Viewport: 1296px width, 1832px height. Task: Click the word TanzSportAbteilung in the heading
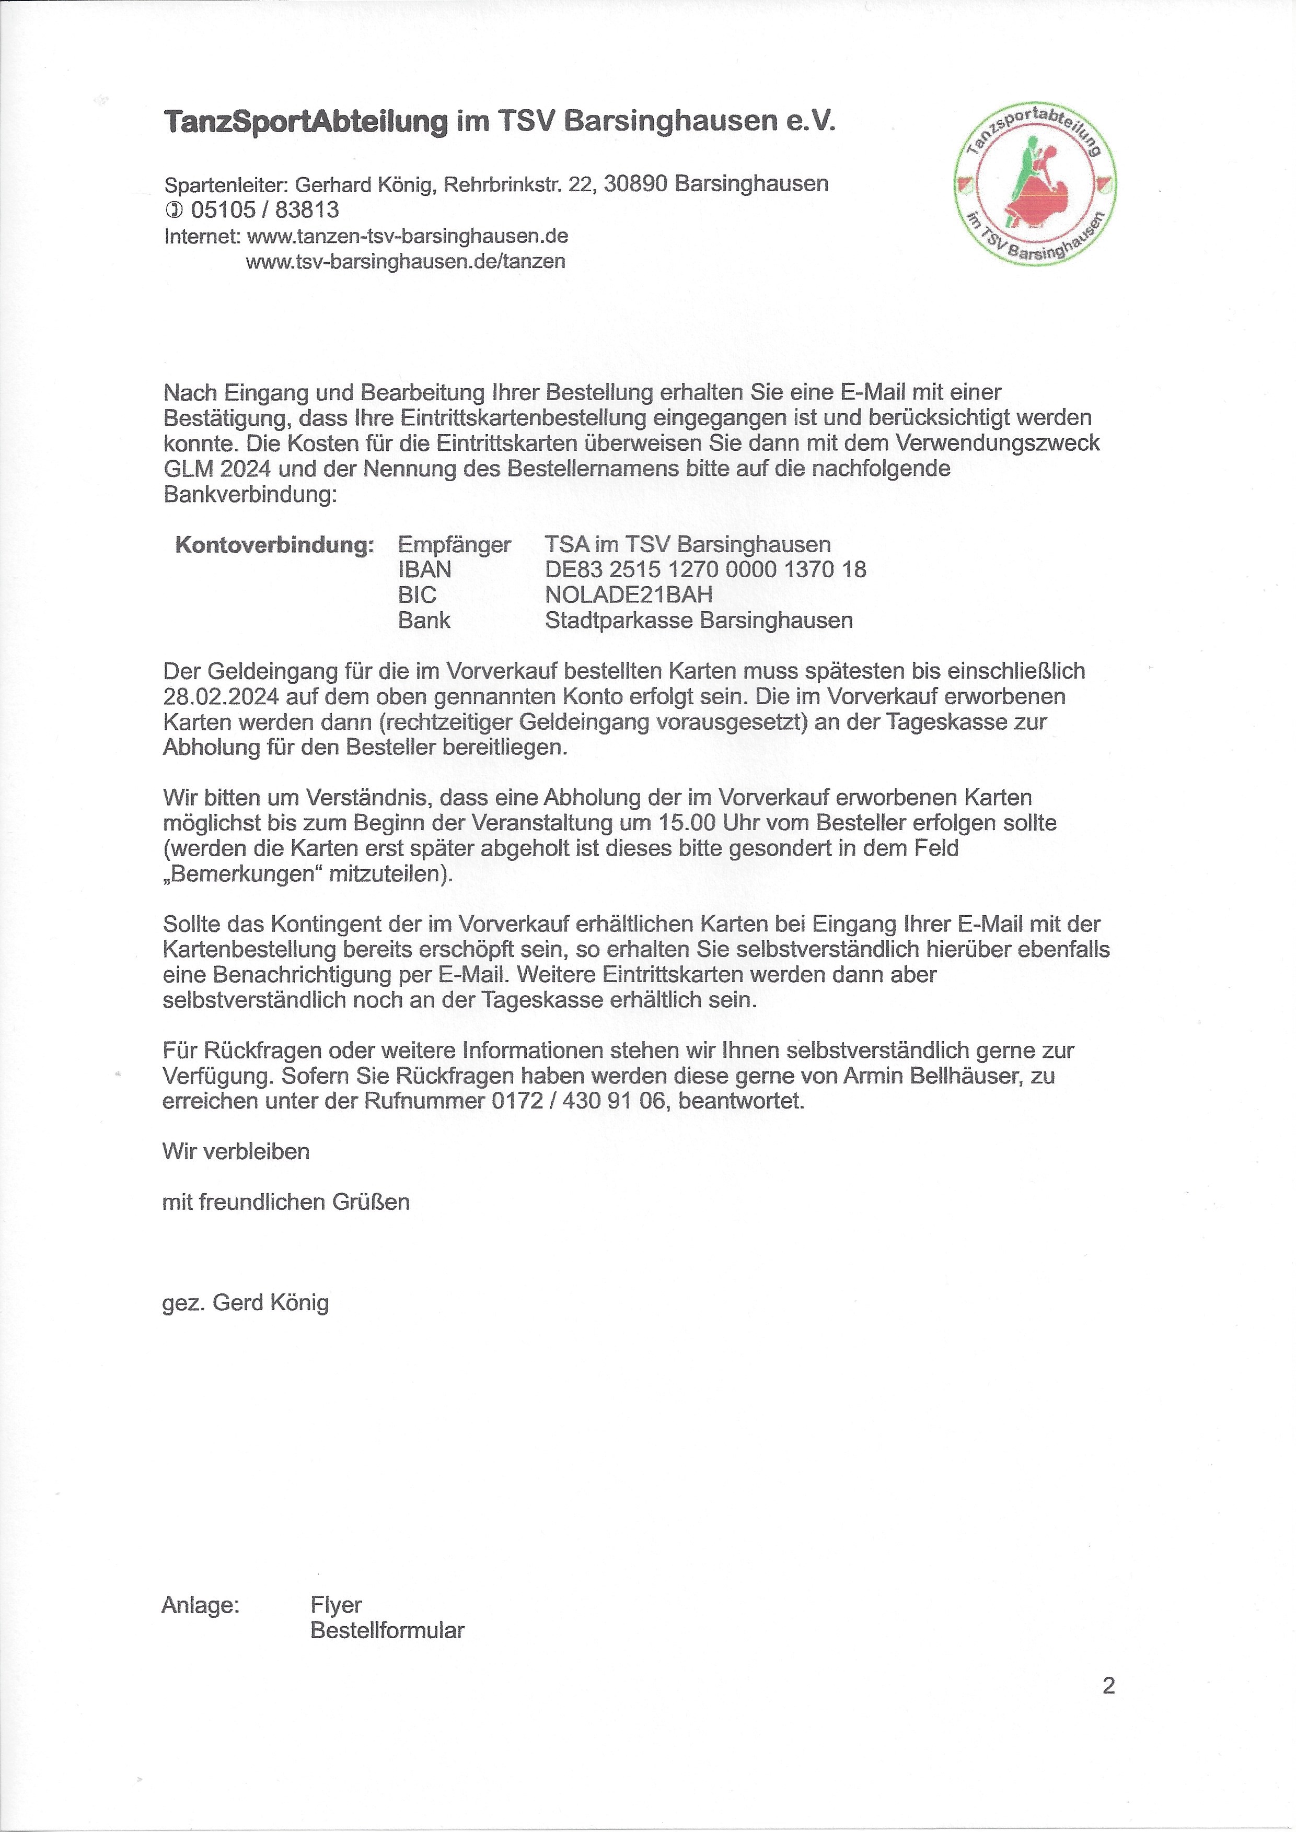click(x=306, y=121)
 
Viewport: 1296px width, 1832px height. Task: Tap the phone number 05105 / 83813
click(x=264, y=210)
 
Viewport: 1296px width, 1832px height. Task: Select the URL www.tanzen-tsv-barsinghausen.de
click(x=407, y=236)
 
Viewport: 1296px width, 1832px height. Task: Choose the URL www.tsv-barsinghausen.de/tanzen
click(x=406, y=261)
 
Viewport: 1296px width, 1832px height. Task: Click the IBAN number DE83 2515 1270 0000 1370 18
click(x=705, y=570)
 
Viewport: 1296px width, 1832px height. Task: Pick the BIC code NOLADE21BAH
click(x=629, y=594)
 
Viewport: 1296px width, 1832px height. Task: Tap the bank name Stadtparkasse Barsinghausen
click(x=698, y=620)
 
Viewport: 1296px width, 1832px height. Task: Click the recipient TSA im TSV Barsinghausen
click(x=687, y=544)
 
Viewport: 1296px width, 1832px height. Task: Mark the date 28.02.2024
click(x=221, y=696)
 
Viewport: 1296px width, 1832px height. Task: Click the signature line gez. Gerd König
click(x=245, y=1303)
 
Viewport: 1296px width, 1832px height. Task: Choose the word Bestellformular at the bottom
click(x=387, y=1630)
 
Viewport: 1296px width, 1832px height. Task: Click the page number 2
click(x=1108, y=1686)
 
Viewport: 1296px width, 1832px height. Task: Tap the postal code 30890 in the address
click(x=635, y=184)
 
